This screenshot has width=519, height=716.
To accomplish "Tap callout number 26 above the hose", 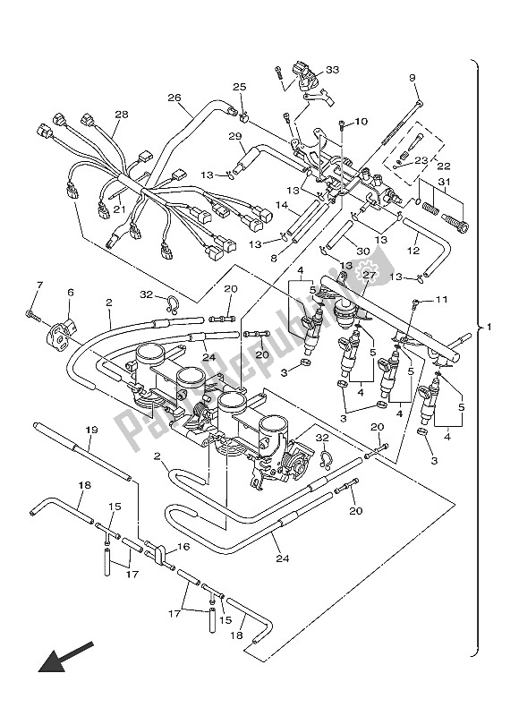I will [174, 98].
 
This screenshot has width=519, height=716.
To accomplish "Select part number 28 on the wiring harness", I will [122, 115].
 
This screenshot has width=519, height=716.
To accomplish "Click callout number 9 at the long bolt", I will [413, 79].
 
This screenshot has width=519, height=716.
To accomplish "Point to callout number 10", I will [361, 121].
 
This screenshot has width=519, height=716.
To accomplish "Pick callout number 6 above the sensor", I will [70, 292].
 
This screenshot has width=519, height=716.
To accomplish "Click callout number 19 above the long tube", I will [91, 430].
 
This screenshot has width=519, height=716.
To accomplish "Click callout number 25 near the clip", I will [239, 87].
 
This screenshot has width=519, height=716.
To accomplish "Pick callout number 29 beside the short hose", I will [235, 136].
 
